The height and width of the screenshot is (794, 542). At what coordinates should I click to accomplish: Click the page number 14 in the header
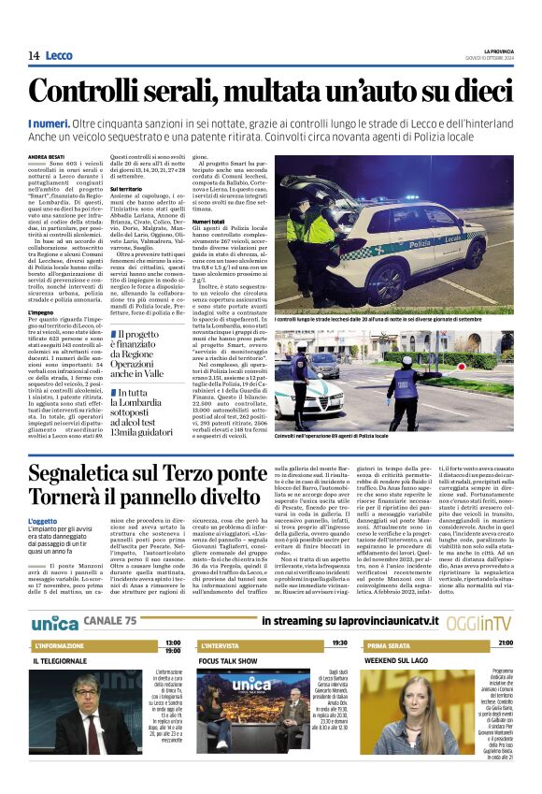coord(34,56)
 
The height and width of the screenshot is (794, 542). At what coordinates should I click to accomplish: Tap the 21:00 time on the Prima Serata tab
coord(505,644)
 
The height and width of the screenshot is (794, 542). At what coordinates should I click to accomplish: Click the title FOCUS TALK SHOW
coord(229,660)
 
